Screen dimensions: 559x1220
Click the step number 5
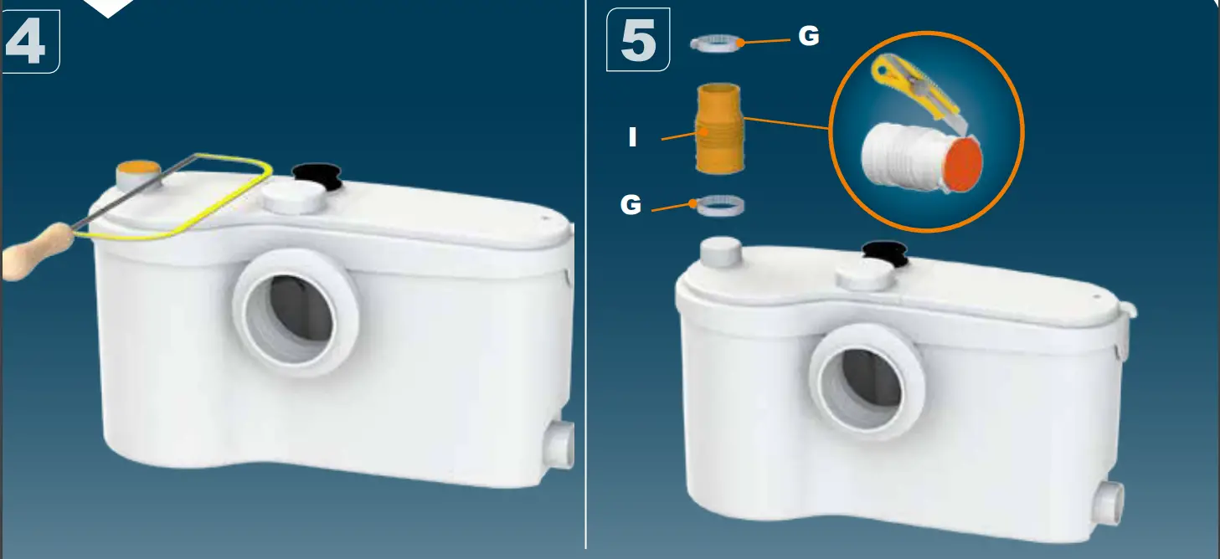point(638,41)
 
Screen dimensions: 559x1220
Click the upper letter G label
point(808,36)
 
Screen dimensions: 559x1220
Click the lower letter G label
point(631,204)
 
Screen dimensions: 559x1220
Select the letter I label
point(633,137)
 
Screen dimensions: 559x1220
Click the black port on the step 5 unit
point(884,250)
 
